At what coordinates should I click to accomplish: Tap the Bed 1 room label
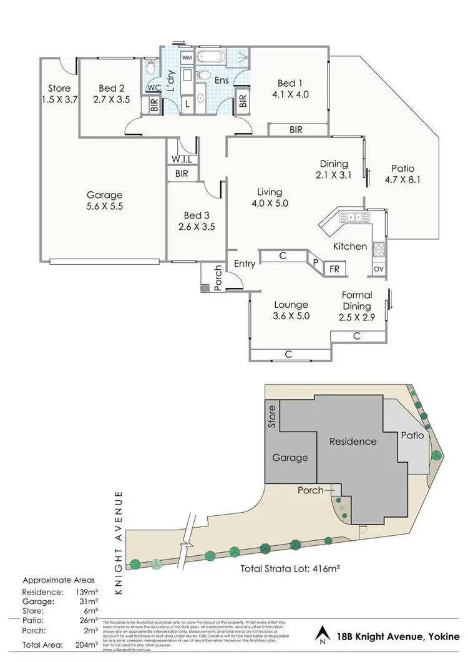[x=291, y=83]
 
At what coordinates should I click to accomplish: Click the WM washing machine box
[x=187, y=57]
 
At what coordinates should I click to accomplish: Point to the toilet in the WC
[x=150, y=66]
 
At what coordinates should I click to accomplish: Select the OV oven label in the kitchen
[x=378, y=269]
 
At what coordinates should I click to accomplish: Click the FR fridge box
[x=334, y=269]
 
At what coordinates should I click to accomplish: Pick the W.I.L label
[x=182, y=159]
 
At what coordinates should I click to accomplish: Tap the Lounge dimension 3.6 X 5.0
[x=291, y=316]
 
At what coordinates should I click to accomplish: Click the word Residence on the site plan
[x=354, y=441]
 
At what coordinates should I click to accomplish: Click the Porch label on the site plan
[x=311, y=490]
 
